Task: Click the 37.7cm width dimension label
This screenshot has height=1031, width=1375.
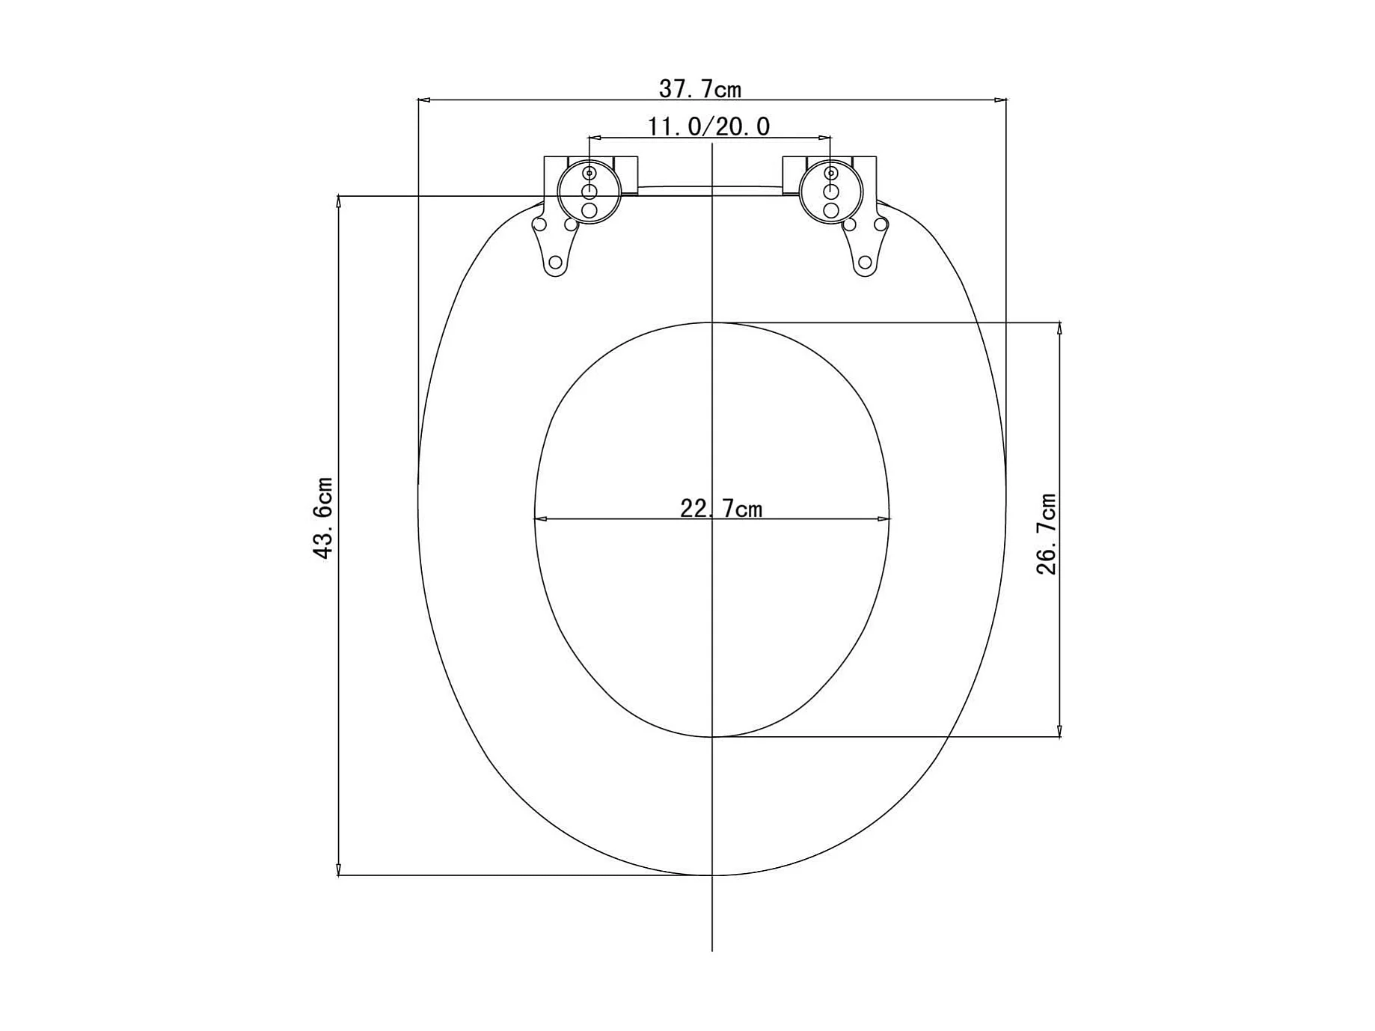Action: click(700, 89)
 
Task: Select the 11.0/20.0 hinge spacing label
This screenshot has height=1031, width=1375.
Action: click(708, 126)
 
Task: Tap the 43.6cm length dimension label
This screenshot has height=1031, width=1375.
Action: click(323, 518)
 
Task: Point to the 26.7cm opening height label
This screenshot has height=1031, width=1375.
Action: click(1047, 533)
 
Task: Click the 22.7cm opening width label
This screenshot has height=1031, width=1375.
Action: click(721, 509)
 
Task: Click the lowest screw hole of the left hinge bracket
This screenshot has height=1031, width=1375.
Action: click(555, 263)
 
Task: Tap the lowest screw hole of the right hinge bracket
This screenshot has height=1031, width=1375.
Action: click(865, 263)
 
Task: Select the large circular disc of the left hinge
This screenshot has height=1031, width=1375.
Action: click(589, 192)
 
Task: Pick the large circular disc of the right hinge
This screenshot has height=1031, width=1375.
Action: click(831, 192)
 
